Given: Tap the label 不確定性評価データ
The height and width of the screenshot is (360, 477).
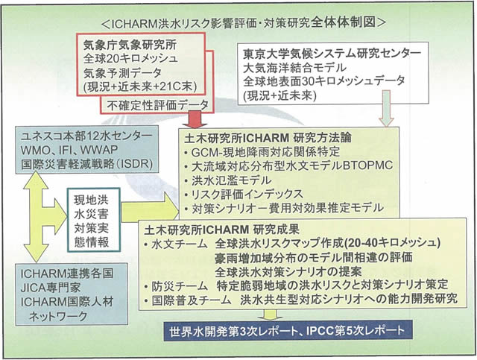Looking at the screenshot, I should [x=158, y=104].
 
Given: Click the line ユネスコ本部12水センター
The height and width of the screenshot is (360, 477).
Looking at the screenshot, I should [x=90, y=137].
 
